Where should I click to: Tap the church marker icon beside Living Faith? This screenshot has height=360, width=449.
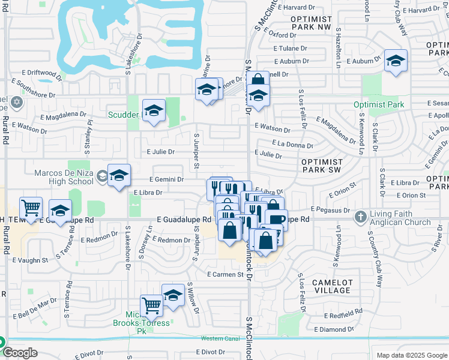coord(360,216)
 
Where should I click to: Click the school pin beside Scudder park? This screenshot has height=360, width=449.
coord(154,111)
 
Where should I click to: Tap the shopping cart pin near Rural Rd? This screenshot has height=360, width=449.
coord(31,208)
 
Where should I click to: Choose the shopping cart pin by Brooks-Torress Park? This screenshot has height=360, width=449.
coord(151,306)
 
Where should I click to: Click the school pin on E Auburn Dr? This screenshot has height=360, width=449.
coord(396,61)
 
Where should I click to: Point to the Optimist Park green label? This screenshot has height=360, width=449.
coord(379,104)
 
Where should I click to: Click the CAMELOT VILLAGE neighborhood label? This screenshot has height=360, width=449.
coord(333,286)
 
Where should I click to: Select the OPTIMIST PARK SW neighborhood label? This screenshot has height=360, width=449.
coord(322,166)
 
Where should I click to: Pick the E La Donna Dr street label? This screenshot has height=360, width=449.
coord(292,144)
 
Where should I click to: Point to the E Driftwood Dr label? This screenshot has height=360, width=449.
coord(40,74)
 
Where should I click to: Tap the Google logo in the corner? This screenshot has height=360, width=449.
coord(20,353)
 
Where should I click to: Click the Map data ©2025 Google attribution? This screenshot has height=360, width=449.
coord(411,355)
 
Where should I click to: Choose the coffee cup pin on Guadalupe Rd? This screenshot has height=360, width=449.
coord(276,220)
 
